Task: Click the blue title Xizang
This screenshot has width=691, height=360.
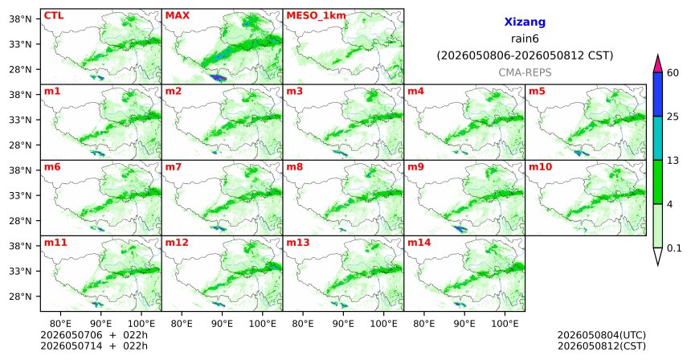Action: [x=525, y=22]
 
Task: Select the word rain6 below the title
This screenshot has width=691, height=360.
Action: [x=525, y=39]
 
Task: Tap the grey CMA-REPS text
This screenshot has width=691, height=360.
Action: [x=525, y=72]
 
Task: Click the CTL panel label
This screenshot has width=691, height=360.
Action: [x=54, y=15]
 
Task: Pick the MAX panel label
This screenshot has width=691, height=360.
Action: [x=177, y=15]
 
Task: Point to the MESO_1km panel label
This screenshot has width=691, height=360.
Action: [x=316, y=16]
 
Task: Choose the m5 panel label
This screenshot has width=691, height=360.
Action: [x=537, y=92]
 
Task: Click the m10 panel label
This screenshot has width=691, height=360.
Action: [x=540, y=167]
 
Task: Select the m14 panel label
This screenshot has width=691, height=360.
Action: [x=419, y=243]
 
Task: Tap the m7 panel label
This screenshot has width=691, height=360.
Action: [x=174, y=167]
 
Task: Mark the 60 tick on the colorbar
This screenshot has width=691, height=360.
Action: [x=673, y=72]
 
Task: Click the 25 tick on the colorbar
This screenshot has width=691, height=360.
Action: [x=673, y=117]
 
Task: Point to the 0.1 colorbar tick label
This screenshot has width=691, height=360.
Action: [x=674, y=248]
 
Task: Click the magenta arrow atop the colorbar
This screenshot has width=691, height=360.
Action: [x=658, y=64]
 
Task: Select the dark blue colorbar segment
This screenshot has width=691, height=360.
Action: [x=658, y=94]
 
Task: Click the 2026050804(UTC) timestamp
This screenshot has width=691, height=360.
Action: [x=602, y=336]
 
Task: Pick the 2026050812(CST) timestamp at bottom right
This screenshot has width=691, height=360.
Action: [x=602, y=346]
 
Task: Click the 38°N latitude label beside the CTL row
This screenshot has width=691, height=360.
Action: [x=20, y=19]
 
